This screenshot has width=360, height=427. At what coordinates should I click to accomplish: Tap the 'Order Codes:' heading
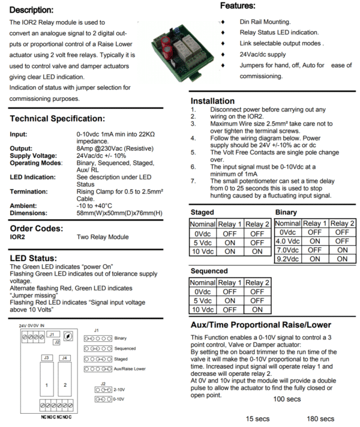click(36, 228)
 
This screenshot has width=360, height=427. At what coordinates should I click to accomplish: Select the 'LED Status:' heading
click(34, 258)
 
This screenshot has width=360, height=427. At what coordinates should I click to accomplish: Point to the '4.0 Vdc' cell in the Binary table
click(287, 241)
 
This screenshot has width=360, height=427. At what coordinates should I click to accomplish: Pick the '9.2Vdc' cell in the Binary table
click(287, 259)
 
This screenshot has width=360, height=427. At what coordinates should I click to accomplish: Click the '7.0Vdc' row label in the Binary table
click(287, 250)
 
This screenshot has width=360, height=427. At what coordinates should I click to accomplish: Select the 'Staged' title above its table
click(202, 213)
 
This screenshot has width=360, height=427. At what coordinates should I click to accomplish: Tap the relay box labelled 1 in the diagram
click(46, 383)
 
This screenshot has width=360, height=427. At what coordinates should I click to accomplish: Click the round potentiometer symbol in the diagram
click(68, 336)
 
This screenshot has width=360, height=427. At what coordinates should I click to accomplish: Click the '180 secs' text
click(320, 419)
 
